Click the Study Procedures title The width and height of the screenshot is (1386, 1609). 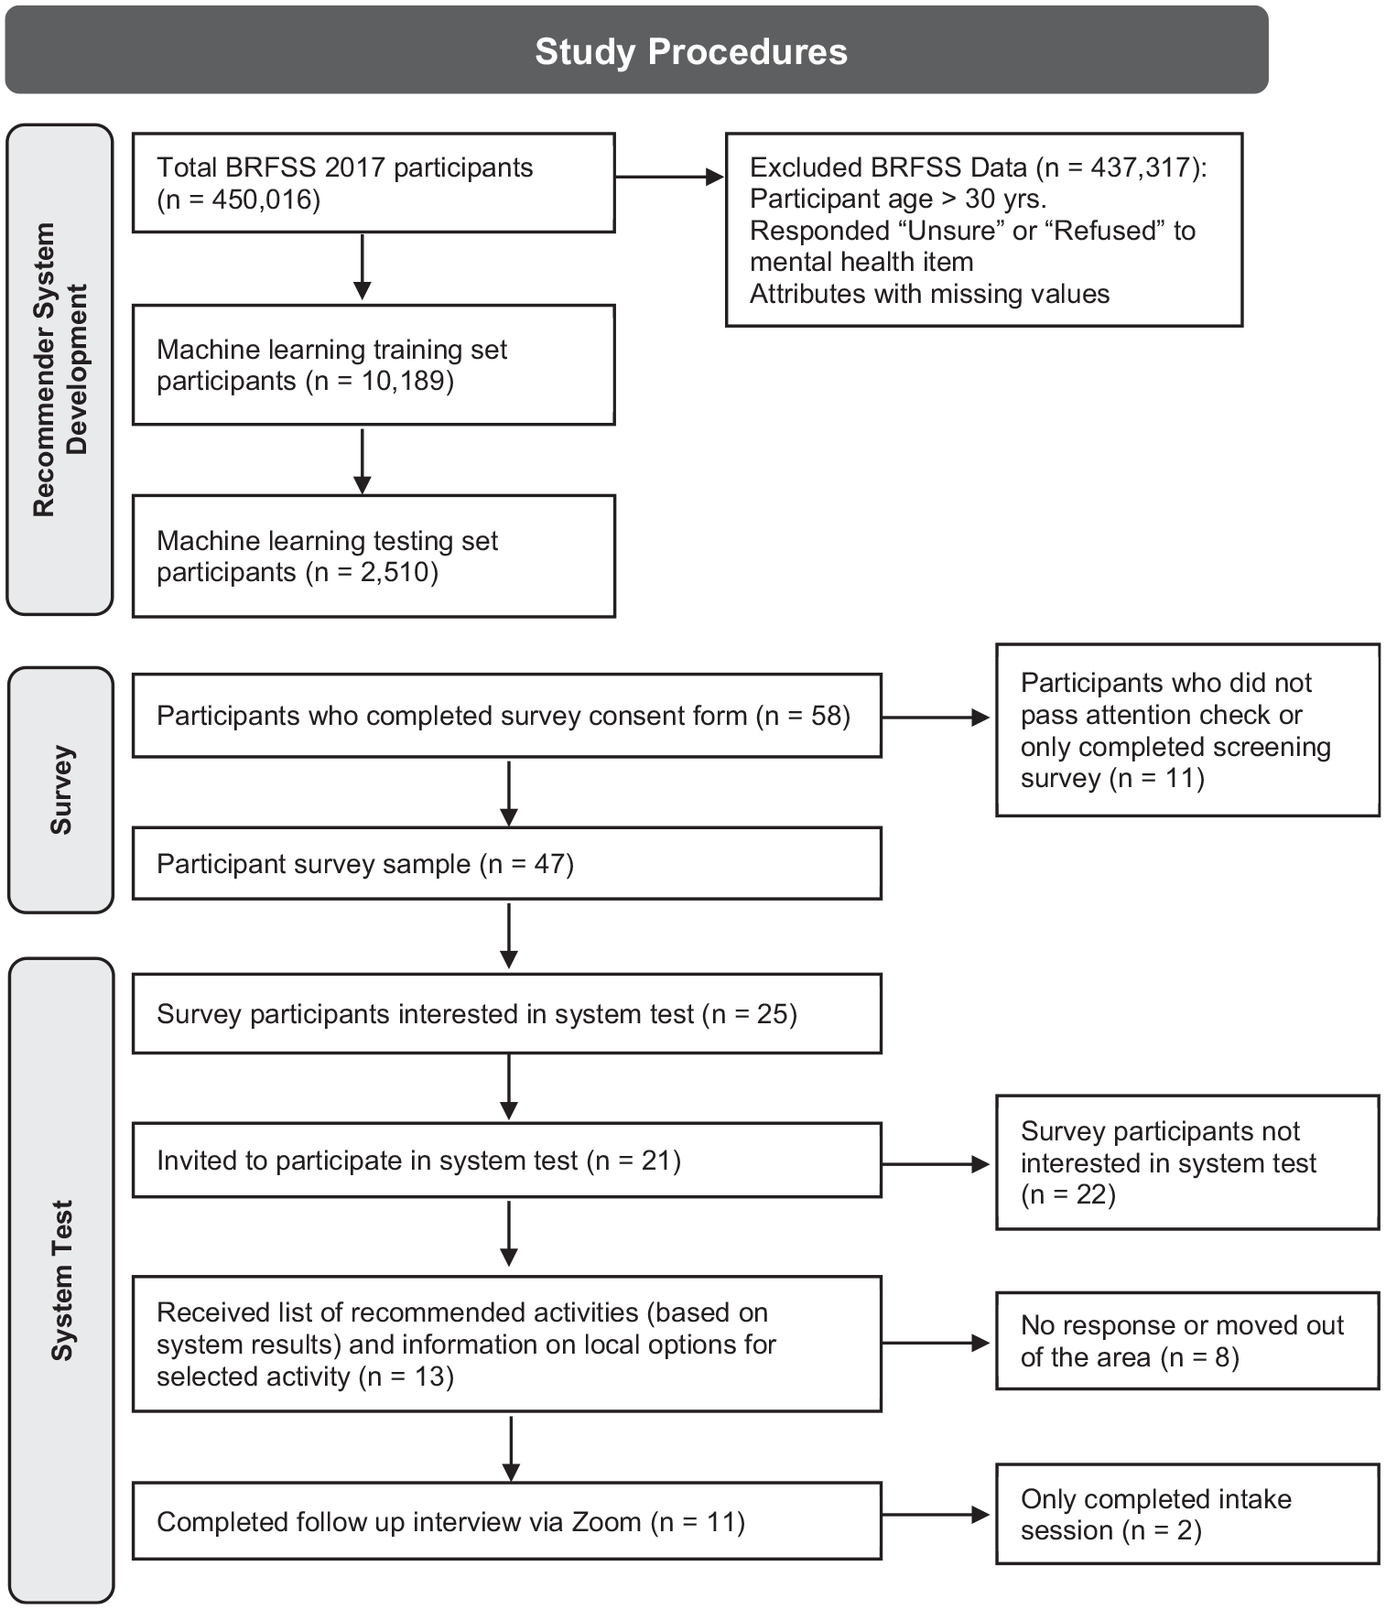click(691, 51)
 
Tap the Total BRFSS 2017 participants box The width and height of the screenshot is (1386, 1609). click(374, 183)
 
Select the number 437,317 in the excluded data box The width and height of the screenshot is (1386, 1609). click(1142, 167)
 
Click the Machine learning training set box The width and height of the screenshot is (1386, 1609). click(374, 365)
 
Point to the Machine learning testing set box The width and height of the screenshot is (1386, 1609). click(374, 556)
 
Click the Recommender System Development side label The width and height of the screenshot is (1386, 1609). click(60, 370)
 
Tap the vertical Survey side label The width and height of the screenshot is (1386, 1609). click(61, 790)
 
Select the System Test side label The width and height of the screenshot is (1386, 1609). click(61, 1280)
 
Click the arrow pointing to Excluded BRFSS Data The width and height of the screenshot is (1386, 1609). click(670, 177)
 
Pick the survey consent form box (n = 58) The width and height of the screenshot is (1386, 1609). click(507, 716)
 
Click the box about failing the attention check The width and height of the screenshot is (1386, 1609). click(1187, 730)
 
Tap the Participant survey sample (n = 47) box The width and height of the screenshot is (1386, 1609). click(507, 864)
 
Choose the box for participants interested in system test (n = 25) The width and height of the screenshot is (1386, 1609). click(507, 1014)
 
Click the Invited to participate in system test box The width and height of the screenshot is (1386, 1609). click(507, 1161)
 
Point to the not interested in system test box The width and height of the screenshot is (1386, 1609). click(1187, 1162)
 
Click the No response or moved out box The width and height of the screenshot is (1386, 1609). click(1187, 1341)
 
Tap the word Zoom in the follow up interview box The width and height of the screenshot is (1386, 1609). click(606, 1522)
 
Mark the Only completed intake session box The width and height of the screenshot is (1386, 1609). click(1187, 1515)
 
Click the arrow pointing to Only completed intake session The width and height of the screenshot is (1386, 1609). click(937, 1515)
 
